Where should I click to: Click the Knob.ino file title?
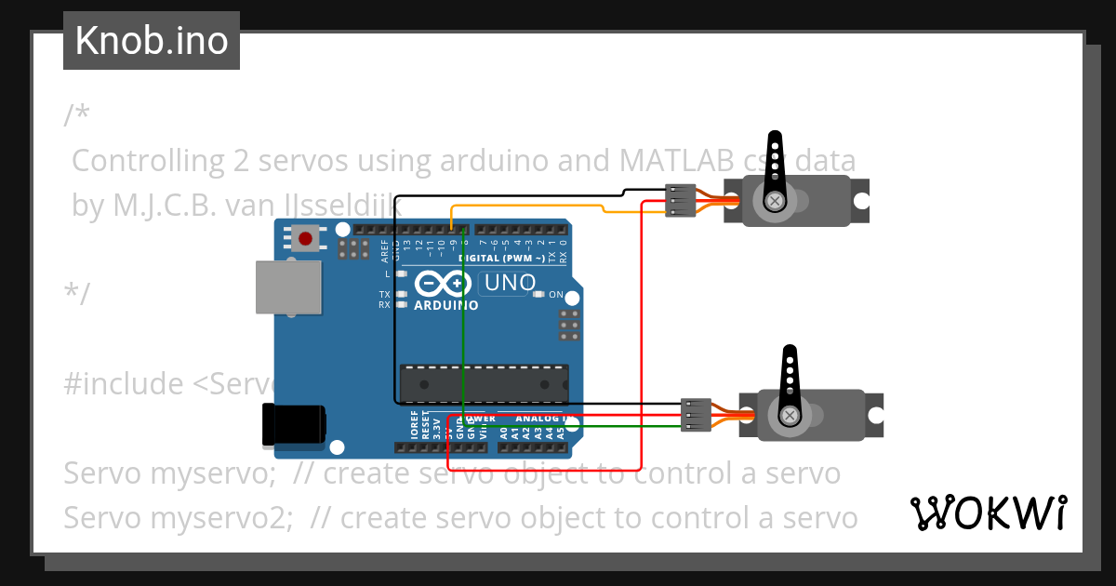pos(152,41)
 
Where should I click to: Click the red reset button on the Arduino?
pos(304,238)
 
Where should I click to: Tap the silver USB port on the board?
pos(288,287)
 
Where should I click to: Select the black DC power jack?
pos(295,423)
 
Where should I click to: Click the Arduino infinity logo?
pos(445,284)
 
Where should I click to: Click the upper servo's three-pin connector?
pos(681,201)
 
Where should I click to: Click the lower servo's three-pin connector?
pos(696,415)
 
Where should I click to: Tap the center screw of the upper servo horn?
pos(774,201)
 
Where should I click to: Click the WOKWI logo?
pos(989,513)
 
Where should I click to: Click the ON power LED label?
pos(556,295)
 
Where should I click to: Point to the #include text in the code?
pos(122,383)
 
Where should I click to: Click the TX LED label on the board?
pos(384,295)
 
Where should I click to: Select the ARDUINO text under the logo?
pos(445,305)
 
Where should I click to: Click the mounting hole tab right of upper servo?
pos(861,200)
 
